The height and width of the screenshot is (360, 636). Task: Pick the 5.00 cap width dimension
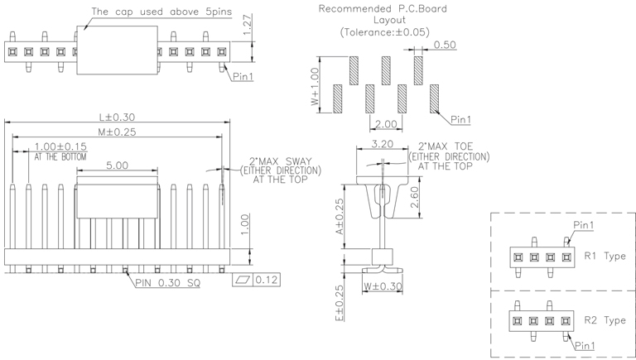coord(117,166)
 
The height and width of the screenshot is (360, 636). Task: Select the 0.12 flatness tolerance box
coord(265,280)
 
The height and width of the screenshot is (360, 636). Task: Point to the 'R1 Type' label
coord(605,256)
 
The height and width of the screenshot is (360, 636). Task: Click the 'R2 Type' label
coord(605,320)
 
